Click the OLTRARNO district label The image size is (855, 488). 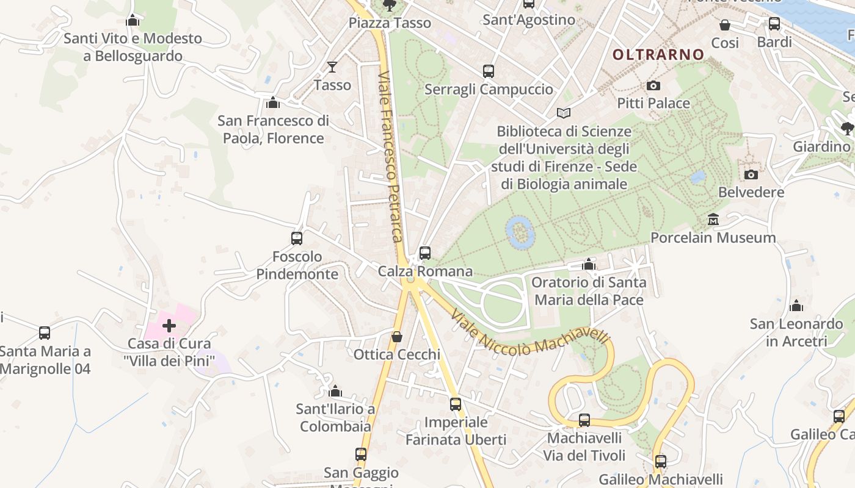pos(658,54)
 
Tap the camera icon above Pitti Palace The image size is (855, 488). pos(653,86)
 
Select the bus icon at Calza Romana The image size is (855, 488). pos(425,253)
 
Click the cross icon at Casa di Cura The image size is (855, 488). pos(169,326)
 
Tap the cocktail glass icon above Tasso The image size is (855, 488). pos(332,66)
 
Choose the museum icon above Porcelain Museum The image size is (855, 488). pos(713,219)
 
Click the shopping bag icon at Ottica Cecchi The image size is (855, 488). pos(397,337)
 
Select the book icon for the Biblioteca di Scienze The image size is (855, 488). pos(564,113)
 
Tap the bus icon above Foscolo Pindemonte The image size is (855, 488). pos(297,239)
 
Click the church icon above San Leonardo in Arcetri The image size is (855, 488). pos(796,306)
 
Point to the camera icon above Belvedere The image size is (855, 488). pos(751,174)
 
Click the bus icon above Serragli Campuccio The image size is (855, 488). pos(489,71)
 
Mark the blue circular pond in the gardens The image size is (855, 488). pos(520,232)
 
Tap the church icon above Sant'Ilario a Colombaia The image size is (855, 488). pos(335,391)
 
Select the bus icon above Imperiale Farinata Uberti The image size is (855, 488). pos(456,404)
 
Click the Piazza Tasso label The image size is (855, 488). pos(390,23)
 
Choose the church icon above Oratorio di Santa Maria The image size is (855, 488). pos(589,265)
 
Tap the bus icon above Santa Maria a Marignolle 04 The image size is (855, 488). pos(45,333)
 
